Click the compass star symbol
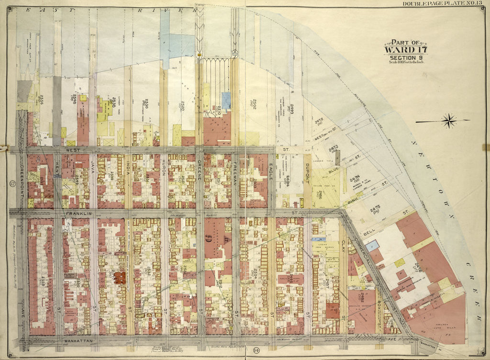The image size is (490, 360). [x=449, y=120]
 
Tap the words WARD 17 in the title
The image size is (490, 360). [x=407, y=50]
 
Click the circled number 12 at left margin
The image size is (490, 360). [x=11, y=184]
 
